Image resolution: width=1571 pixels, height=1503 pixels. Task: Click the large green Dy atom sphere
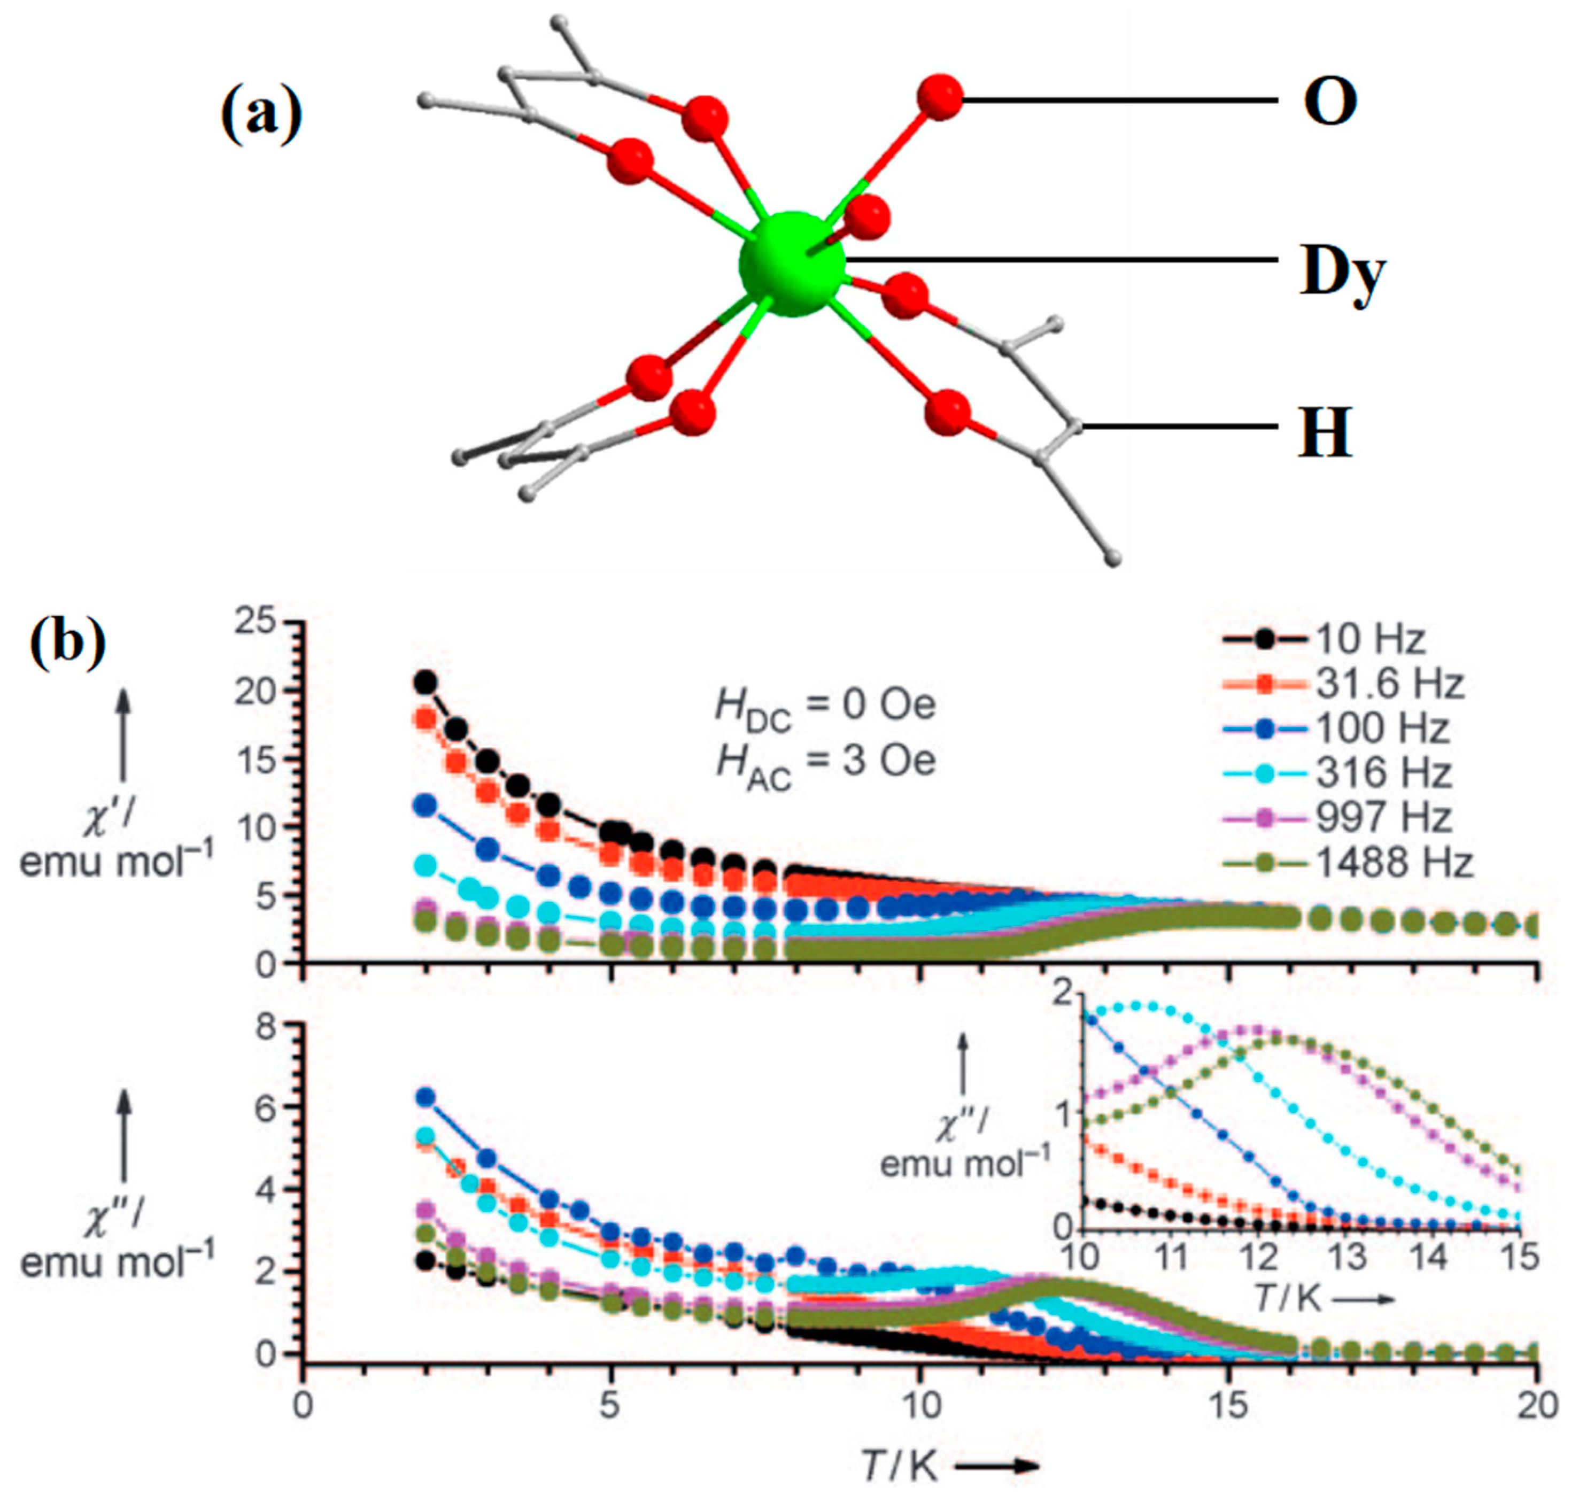point(792,265)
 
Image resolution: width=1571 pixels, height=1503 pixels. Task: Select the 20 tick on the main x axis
point(1536,1407)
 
